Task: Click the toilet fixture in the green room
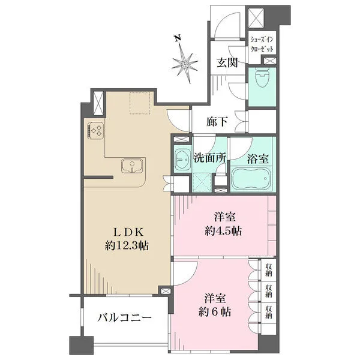point(263,77)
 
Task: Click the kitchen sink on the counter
point(133,166)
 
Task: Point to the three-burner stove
point(95,131)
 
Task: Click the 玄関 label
point(227,62)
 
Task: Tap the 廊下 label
point(217,121)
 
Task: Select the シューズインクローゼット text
point(262,44)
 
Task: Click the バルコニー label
point(124,318)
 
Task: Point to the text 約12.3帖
point(127,245)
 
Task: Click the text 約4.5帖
point(223,231)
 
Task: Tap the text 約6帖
point(214,312)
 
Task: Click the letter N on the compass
point(177,38)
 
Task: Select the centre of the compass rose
point(185,64)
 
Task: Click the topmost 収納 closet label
point(269,269)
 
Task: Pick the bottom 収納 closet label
point(269,312)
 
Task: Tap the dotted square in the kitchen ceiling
point(140,103)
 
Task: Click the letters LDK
point(128,232)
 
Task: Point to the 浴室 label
point(258,158)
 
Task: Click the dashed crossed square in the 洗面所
point(202,182)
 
